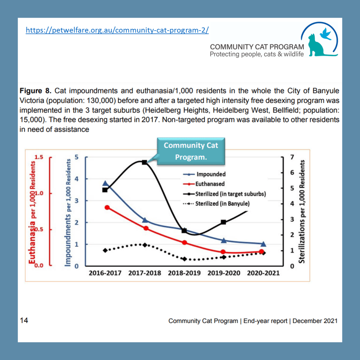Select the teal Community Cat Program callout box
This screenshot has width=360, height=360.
pos(190,151)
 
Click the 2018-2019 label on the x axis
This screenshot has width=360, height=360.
pos(184,273)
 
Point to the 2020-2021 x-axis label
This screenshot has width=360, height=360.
pos(263,273)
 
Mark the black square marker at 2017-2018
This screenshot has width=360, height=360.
pos(144,162)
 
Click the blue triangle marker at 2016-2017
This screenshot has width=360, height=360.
pos(105,184)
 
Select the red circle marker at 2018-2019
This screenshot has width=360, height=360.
pos(184,243)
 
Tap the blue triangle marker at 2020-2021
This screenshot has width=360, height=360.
pos(263,244)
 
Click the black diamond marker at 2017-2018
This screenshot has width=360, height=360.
pos(144,245)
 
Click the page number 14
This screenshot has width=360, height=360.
pos(24,320)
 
